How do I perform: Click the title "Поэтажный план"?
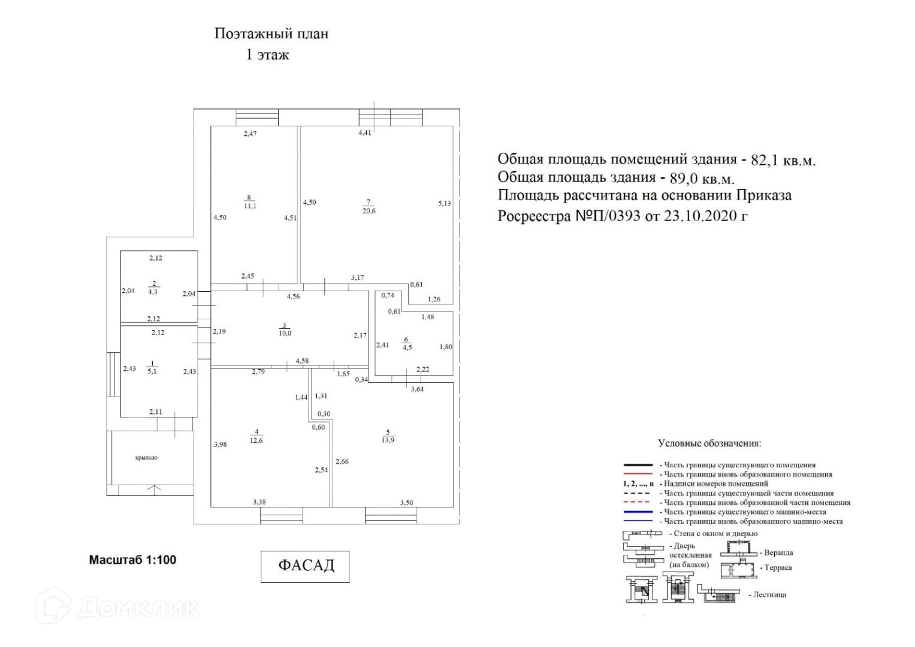271,34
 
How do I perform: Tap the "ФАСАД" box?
305,566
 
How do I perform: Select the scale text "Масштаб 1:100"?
132,560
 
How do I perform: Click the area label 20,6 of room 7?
369,211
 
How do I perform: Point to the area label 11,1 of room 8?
250,205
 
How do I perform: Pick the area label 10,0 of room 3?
285,334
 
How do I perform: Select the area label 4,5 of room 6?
407,347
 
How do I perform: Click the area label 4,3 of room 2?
153,292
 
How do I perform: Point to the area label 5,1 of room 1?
152,371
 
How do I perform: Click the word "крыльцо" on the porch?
146,458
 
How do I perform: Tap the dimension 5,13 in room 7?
444,204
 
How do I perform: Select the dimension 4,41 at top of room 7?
364,133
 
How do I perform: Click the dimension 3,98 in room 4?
220,445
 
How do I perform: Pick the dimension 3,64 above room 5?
416,390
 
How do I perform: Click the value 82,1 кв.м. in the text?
783,161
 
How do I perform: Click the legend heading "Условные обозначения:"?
709,444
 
